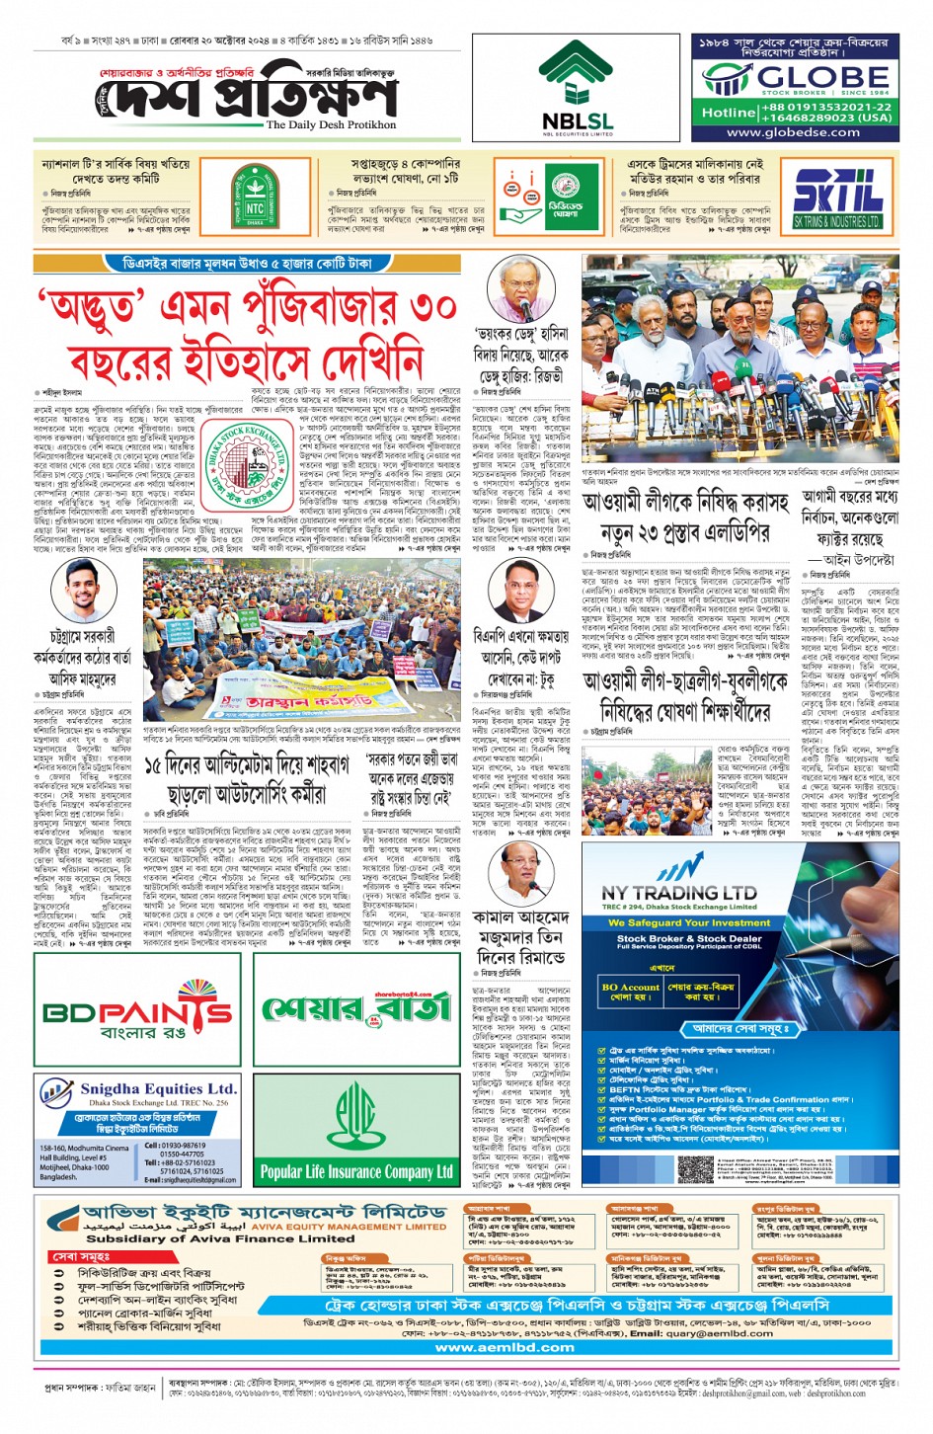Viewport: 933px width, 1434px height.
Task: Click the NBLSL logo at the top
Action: tap(577, 88)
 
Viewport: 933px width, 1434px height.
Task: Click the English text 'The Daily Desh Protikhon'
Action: tap(331, 125)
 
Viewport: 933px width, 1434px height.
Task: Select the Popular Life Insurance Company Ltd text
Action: tap(356, 1172)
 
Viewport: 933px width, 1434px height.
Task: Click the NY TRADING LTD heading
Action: tap(679, 893)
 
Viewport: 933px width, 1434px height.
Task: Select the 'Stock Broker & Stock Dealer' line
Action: tap(689, 938)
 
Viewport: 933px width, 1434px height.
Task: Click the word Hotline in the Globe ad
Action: tap(729, 112)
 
